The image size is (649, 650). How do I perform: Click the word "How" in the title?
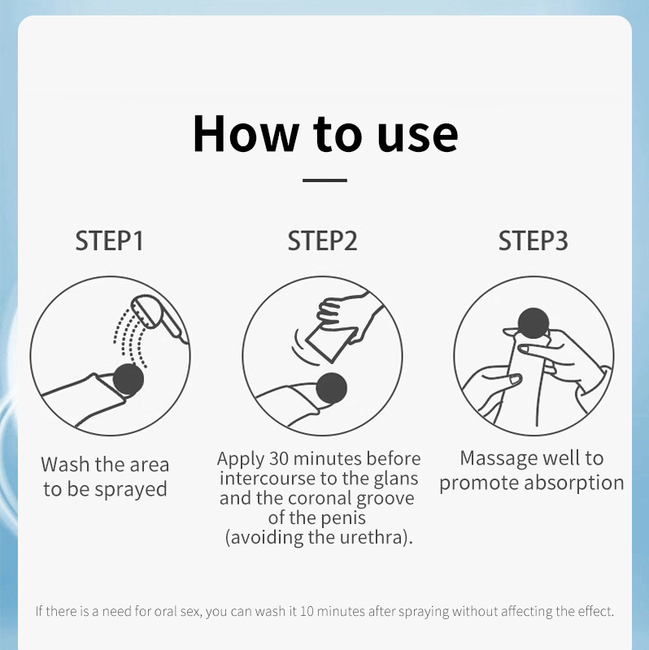(246, 133)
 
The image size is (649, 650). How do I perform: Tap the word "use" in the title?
(417, 136)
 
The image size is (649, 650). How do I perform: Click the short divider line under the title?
(324, 180)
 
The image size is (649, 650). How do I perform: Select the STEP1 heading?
(110, 240)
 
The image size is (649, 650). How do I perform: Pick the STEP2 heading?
(322, 240)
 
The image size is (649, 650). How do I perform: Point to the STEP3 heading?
(534, 240)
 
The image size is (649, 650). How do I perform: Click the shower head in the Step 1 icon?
(159, 318)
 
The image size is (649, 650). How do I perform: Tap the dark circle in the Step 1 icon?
(128, 379)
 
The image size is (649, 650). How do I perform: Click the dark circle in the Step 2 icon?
(331, 388)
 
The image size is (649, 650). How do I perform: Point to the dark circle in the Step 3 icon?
(534, 323)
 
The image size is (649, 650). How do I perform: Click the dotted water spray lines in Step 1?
(130, 338)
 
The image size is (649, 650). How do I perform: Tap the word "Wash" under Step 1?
(65, 464)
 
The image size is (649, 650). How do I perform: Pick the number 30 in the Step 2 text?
(278, 458)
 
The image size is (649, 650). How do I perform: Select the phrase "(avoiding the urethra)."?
(319, 538)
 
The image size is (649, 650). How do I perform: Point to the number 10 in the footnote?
(307, 611)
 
